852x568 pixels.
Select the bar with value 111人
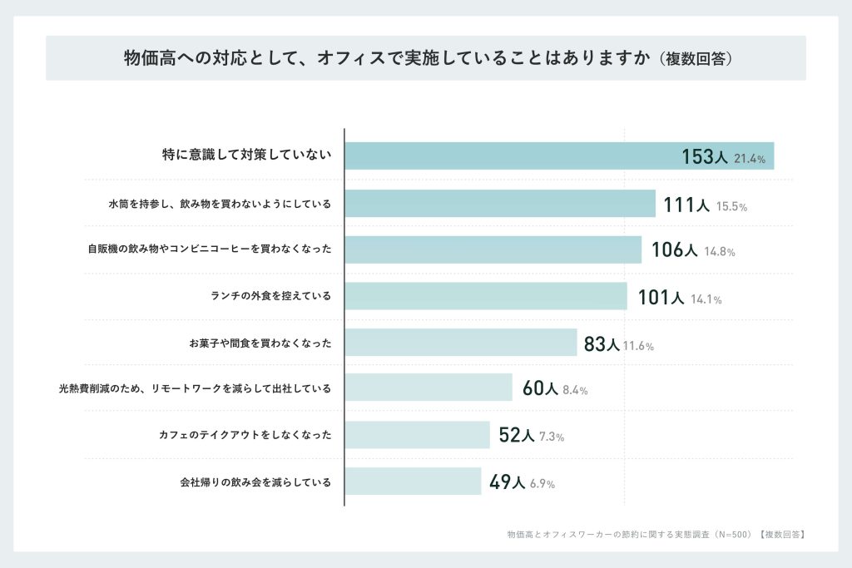click(x=499, y=204)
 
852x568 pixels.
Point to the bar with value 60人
click(x=428, y=388)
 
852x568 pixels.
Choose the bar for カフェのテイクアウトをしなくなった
click(x=417, y=435)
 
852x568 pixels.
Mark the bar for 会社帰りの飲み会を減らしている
click(x=413, y=482)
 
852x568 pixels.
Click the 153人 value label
click(x=704, y=157)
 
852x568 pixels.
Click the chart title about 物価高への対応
click(x=426, y=58)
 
